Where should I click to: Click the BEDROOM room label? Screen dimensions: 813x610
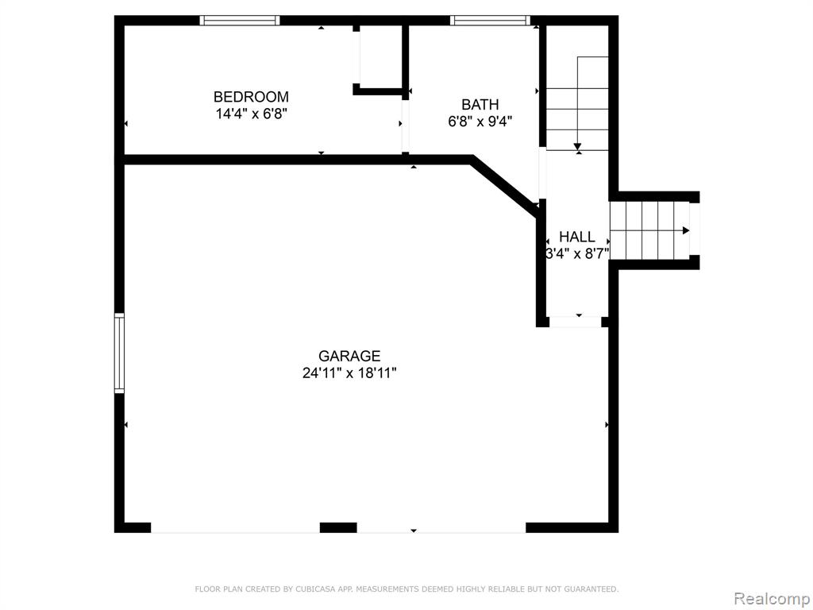pyautogui.click(x=251, y=97)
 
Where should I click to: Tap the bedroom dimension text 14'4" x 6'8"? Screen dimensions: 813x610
pyautogui.click(x=252, y=114)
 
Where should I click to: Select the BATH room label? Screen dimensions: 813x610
pyautogui.click(x=480, y=105)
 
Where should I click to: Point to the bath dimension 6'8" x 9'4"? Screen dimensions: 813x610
pyautogui.click(x=480, y=122)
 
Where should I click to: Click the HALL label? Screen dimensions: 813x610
pyautogui.click(x=577, y=237)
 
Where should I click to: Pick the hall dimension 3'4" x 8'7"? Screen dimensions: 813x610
pyautogui.click(x=577, y=253)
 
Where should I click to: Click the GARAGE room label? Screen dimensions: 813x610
pyautogui.click(x=349, y=356)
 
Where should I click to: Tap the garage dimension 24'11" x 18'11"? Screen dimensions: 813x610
pyautogui.click(x=349, y=373)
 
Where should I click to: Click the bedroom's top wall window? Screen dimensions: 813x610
pyautogui.click(x=240, y=21)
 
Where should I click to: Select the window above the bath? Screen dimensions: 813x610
pyautogui.click(x=490, y=21)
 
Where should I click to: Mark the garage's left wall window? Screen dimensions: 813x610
pyautogui.click(x=120, y=353)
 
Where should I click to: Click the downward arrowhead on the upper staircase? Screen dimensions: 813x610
pyautogui.click(x=578, y=147)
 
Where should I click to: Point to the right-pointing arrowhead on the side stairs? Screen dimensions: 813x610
pyautogui.click(x=686, y=231)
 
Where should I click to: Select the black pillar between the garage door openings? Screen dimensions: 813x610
pyautogui.click(x=338, y=528)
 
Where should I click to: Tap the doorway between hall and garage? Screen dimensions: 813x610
pyautogui.click(x=575, y=322)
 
